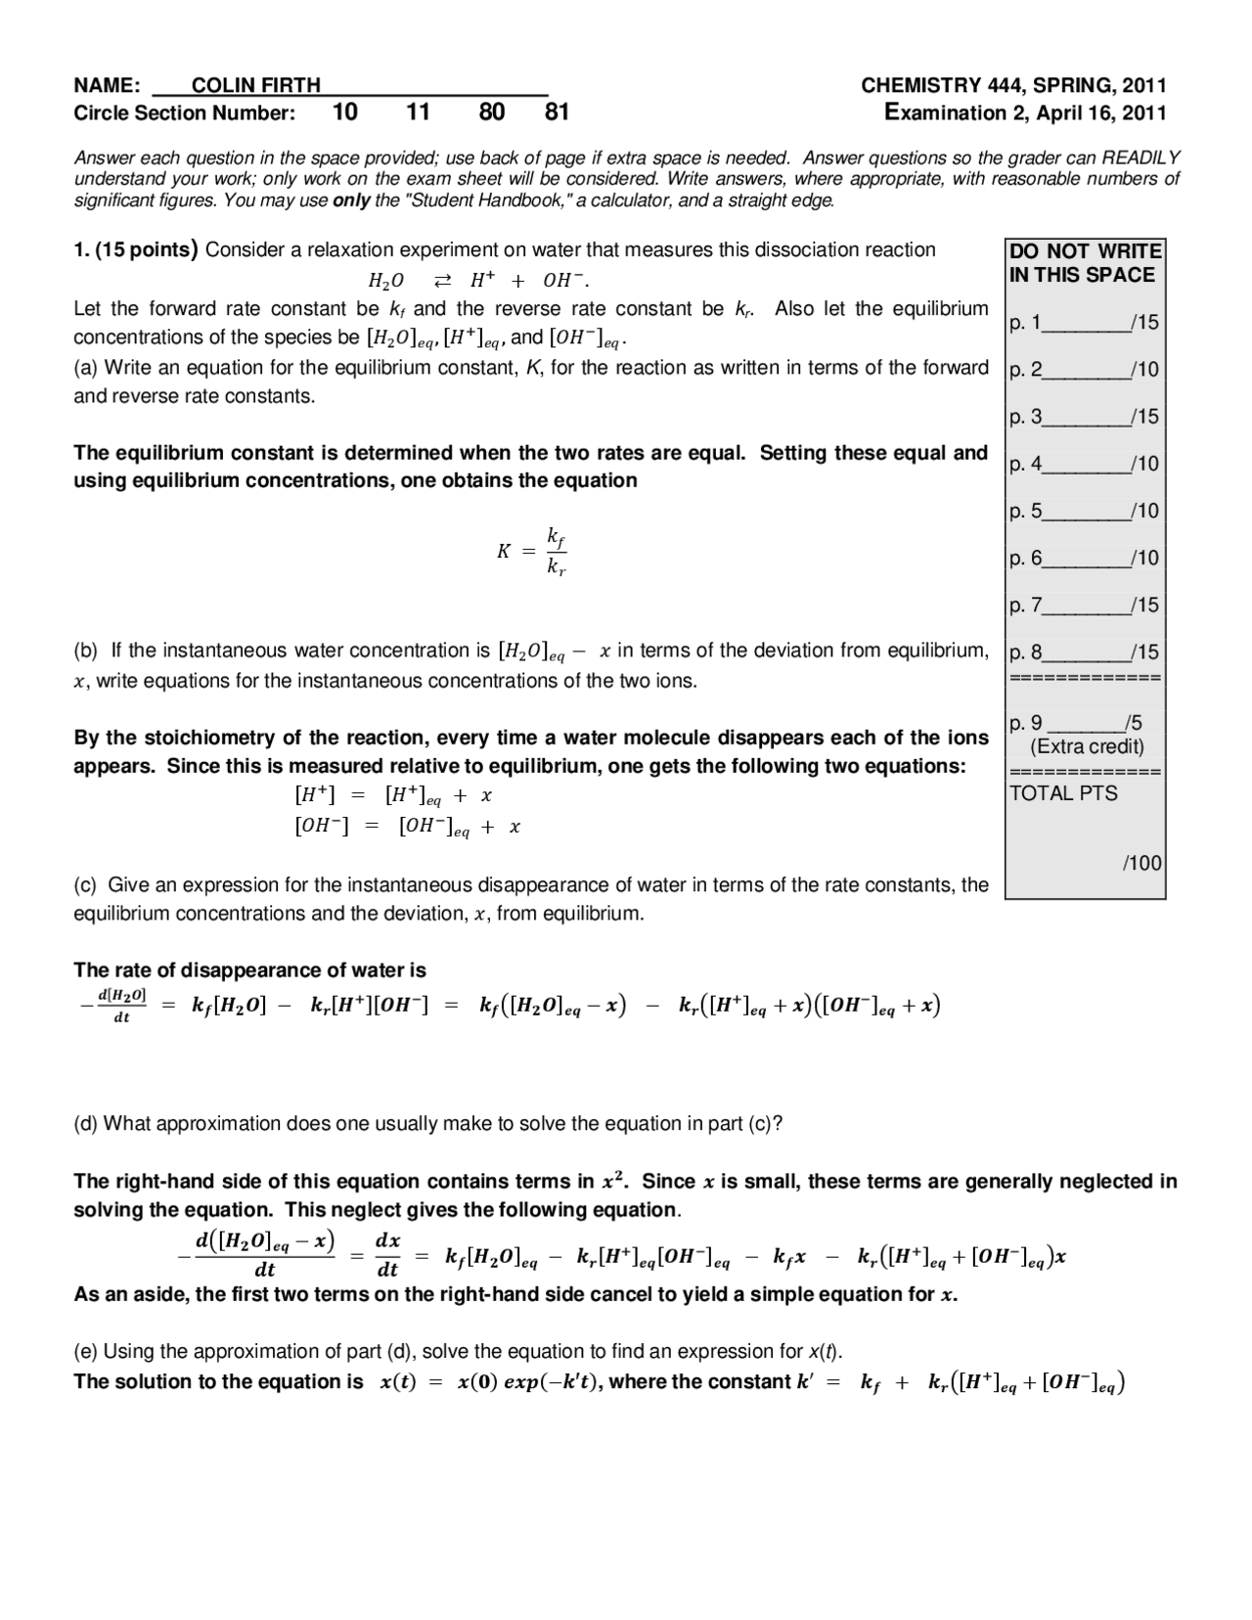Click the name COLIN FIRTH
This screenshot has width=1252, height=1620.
pos(255,86)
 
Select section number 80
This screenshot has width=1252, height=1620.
pos(491,112)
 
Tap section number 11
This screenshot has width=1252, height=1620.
pos(418,112)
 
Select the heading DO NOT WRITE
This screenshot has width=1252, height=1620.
pos(1085,251)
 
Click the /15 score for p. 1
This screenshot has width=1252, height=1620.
pos(1143,322)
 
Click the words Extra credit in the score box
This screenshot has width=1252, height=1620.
pos(1087,747)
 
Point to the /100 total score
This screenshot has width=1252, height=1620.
pos(1141,863)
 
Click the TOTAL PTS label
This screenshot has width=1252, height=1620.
pos(1062,793)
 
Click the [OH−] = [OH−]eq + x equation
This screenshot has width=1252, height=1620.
pos(407,827)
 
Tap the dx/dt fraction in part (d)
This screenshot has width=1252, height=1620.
pos(387,1255)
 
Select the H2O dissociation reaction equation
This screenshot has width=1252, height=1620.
pos(478,281)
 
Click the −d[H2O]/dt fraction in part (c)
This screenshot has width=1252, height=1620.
pos(121,1006)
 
